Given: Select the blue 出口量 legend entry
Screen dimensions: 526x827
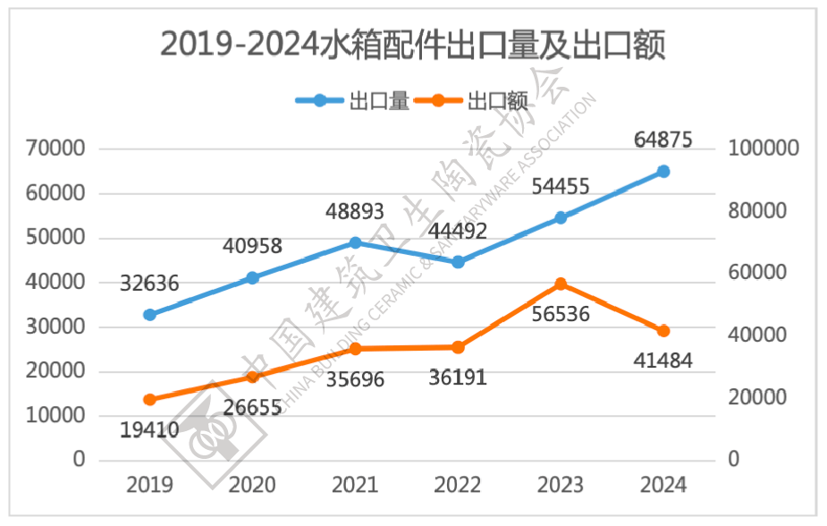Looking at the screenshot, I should (352, 100).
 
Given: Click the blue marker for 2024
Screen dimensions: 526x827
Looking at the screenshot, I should (663, 171).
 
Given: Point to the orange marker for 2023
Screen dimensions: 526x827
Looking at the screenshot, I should (561, 284).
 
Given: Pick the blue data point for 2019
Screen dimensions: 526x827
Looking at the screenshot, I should (149, 315).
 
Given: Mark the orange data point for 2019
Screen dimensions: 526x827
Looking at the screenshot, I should (149, 400).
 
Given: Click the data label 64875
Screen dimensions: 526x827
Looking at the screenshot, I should (662, 140).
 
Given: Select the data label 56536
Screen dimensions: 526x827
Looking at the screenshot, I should (561, 318).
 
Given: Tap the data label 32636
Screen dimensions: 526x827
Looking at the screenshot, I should (148, 284).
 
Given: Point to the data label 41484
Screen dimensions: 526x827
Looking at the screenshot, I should (662, 361).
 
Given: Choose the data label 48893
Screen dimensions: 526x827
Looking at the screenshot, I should (354, 211).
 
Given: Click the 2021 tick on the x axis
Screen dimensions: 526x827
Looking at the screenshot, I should (355, 485).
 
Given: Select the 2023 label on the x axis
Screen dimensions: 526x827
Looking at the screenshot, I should (561, 485).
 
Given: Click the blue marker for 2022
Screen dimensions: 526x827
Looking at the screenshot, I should (458, 262).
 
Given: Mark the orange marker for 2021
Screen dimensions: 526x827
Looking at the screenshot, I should (355, 349).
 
